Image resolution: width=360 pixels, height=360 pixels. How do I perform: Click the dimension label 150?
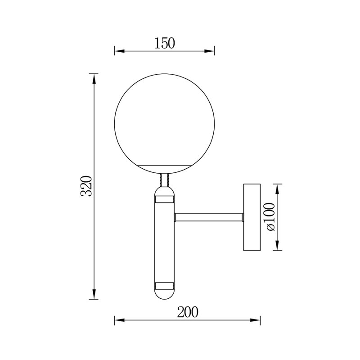pyautogui.click(x=164, y=43)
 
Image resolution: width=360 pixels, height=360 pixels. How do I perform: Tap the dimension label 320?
pyautogui.click(x=86, y=185)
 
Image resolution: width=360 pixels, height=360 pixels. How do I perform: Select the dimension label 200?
pyautogui.click(x=188, y=312)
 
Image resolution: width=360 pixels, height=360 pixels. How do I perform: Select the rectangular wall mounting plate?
pyautogui.click(x=252, y=217)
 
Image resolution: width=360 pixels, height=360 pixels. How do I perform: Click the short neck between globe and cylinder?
pyautogui.click(x=164, y=180)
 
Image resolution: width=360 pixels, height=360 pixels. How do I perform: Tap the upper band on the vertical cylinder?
pyautogui.click(x=164, y=198)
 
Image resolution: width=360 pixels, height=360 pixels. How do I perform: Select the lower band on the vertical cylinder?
pyautogui.click(x=164, y=285)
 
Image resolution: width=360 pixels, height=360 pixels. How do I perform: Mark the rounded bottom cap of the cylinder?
pyautogui.click(x=164, y=294)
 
